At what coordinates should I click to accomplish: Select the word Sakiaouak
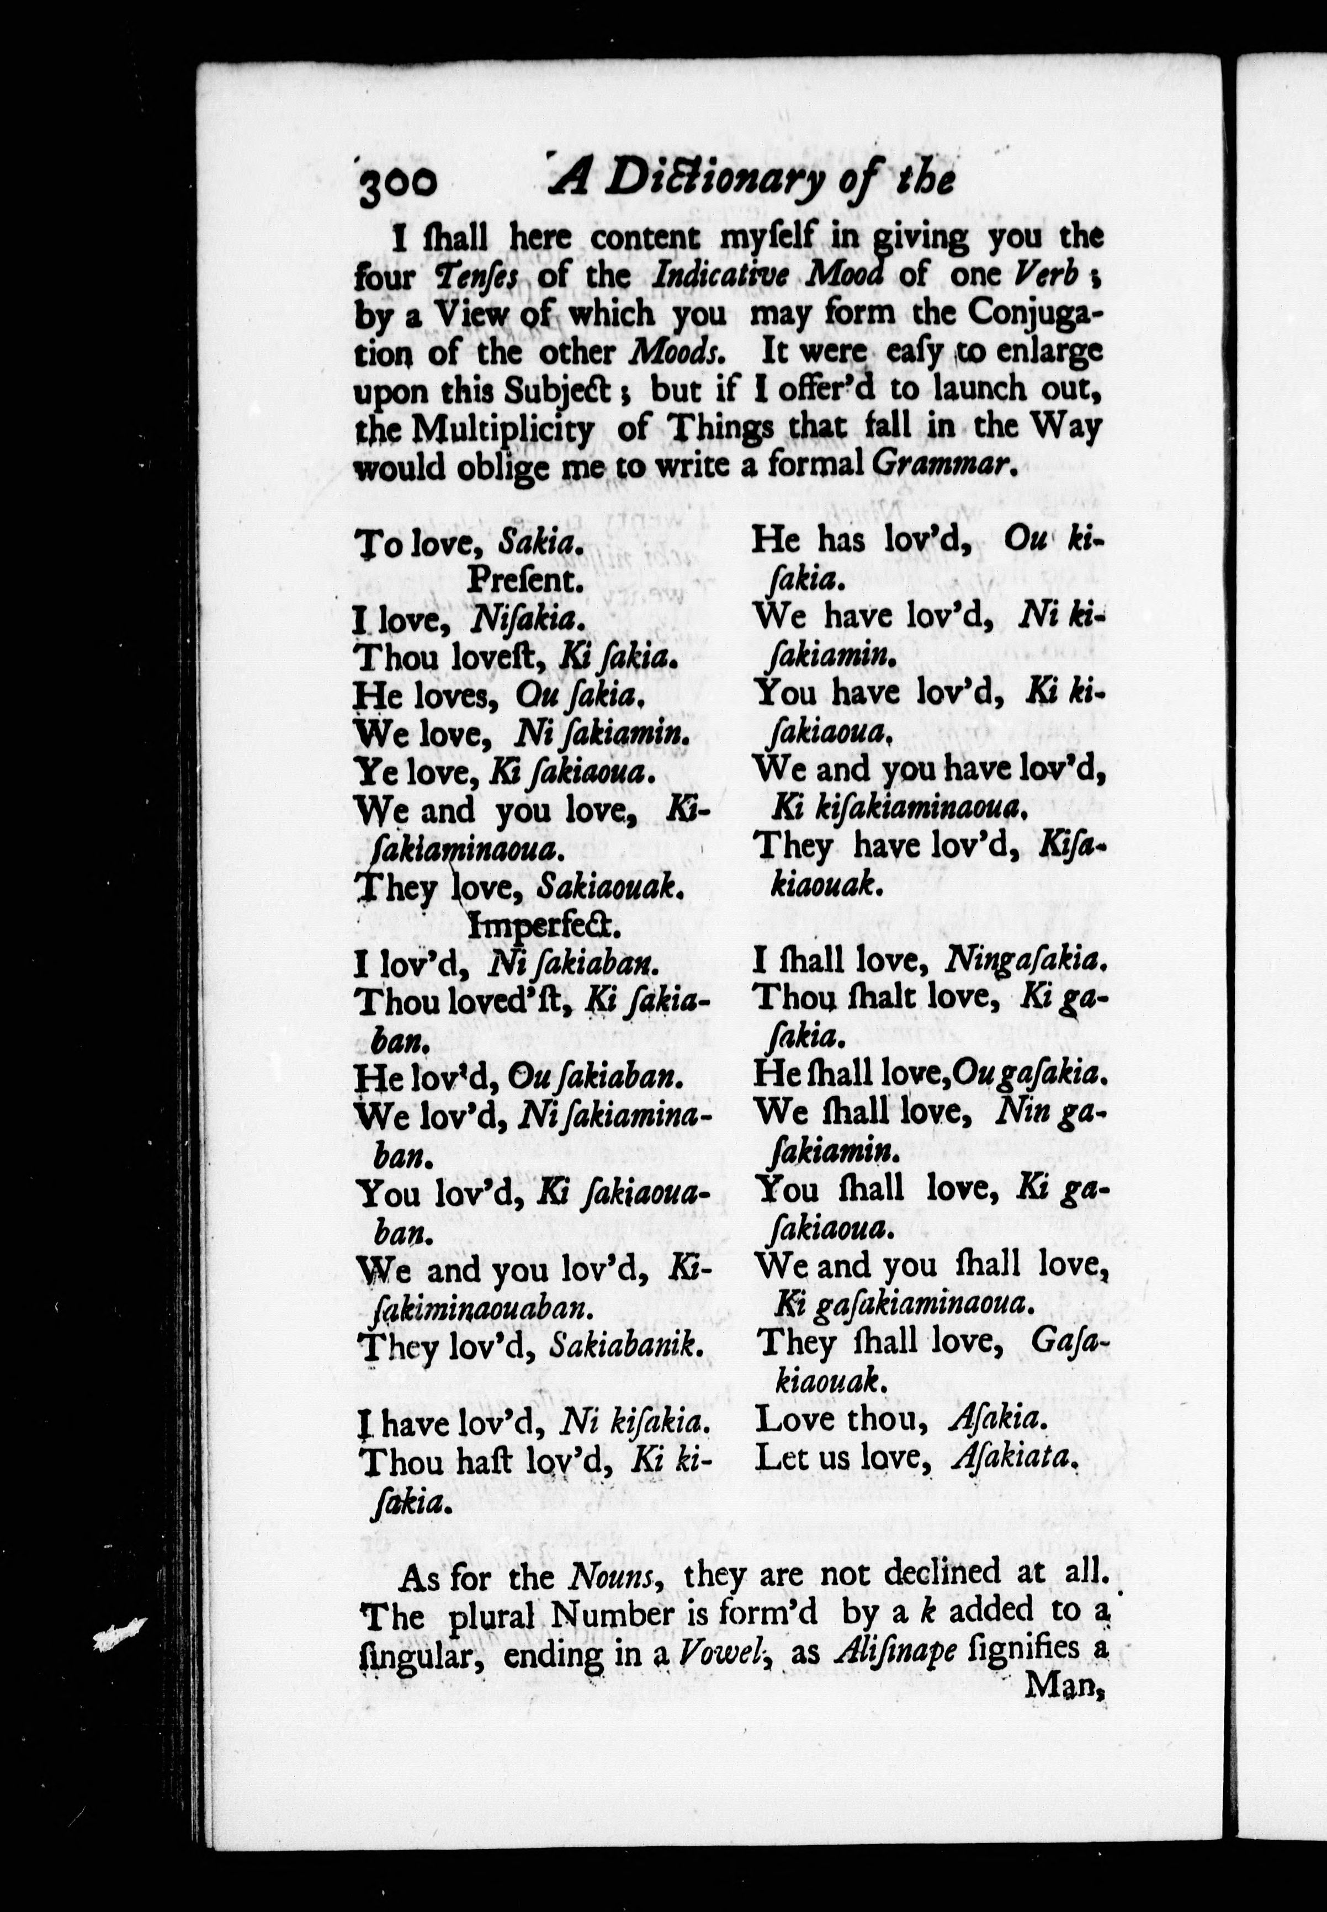(609, 888)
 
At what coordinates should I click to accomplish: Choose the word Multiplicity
(504, 429)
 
